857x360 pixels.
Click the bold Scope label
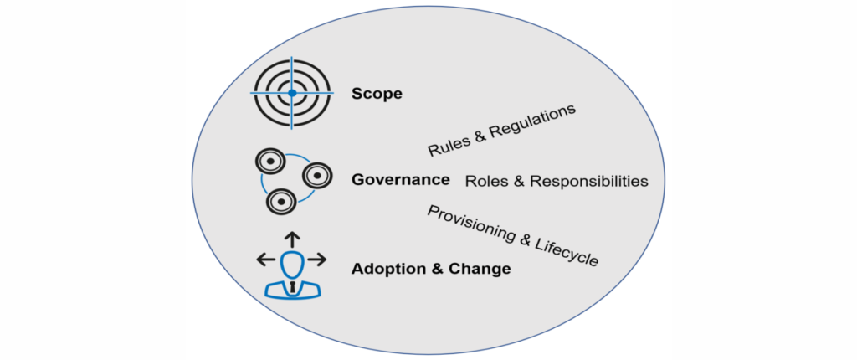click(377, 93)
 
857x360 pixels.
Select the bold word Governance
click(401, 179)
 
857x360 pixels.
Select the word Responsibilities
click(590, 181)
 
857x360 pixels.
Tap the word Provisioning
click(469, 224)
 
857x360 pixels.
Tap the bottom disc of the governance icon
click(280, 201)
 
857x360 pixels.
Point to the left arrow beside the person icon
click(265, 260)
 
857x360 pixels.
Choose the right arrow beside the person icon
click(317, 260)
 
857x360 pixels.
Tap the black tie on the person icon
click(292, 287)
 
